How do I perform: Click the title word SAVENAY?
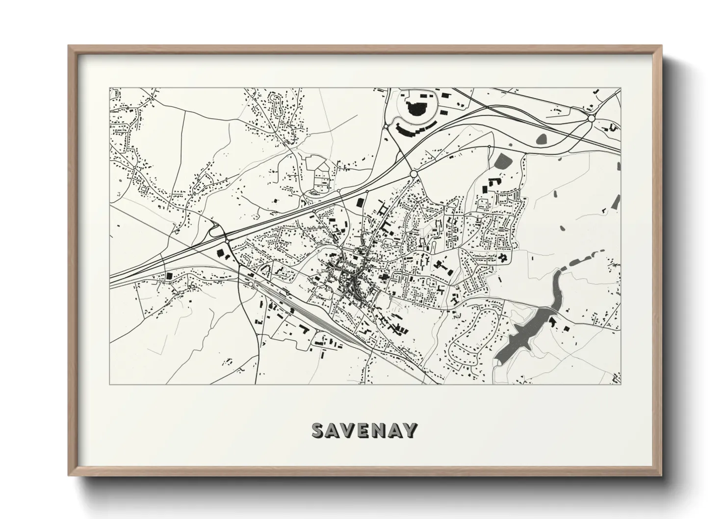[x=364, y=430]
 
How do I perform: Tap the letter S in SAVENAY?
[x=318, y=430]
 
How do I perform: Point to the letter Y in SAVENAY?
[x=411, y=430]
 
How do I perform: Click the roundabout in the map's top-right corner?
[x=591, y=118]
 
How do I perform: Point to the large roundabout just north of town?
[x=414, y=174]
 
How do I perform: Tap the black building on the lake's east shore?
[x=552, y=322]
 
